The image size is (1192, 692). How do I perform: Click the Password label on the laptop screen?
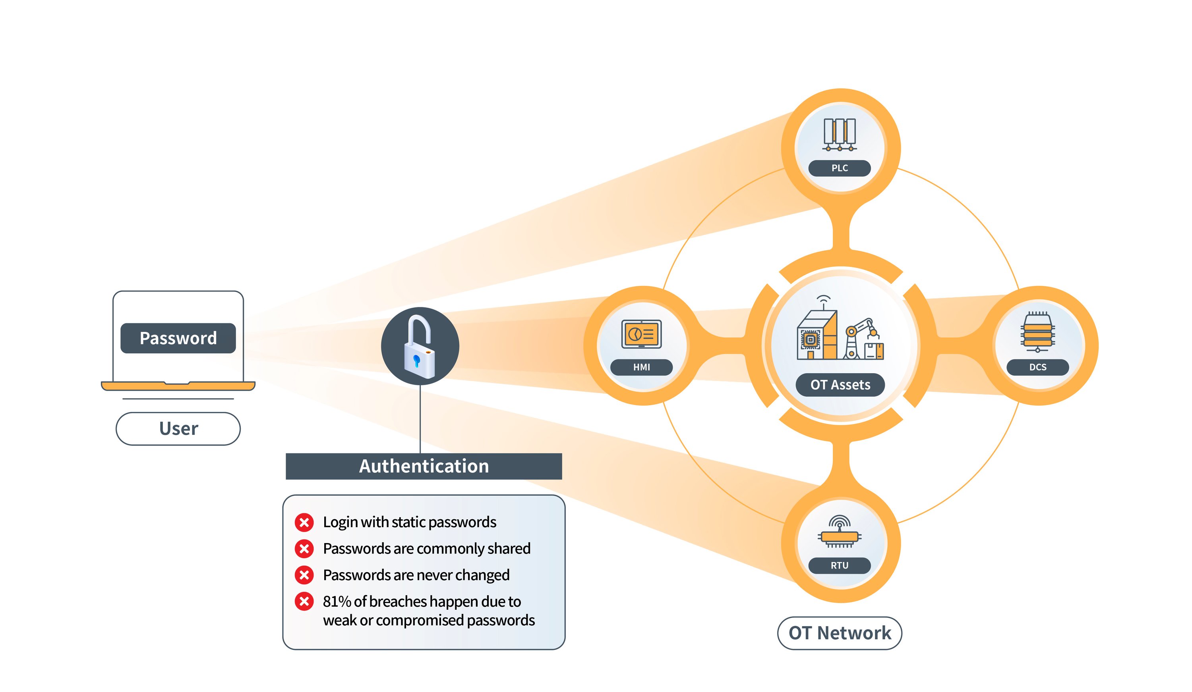pos(178,338)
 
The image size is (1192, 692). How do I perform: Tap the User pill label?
pos(178,428)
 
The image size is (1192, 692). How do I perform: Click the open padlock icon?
pos(420,346)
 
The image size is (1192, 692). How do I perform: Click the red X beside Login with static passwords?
pos(304,522)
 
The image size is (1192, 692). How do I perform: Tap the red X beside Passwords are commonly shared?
pos(304,548)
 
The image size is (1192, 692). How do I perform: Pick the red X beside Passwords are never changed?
pos(304,575)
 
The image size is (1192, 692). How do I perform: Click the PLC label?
pos(839,168)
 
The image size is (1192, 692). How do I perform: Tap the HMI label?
pos(641,367)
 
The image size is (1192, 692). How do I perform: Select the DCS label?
pos(1037,367)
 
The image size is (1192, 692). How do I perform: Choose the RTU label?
pos(839,565)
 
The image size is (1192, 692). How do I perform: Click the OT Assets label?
pos(840,385)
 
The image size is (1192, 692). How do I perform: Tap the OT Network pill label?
pos(839,632)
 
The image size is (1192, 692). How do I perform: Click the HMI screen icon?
pos(641,334)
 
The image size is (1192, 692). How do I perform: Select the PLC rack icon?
pos(839,134)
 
